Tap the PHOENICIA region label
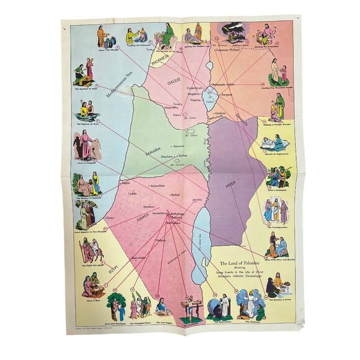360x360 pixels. point(163,63)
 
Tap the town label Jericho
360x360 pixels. point(198,200)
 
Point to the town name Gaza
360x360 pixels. point(112,218)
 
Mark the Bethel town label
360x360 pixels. point(174,194)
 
